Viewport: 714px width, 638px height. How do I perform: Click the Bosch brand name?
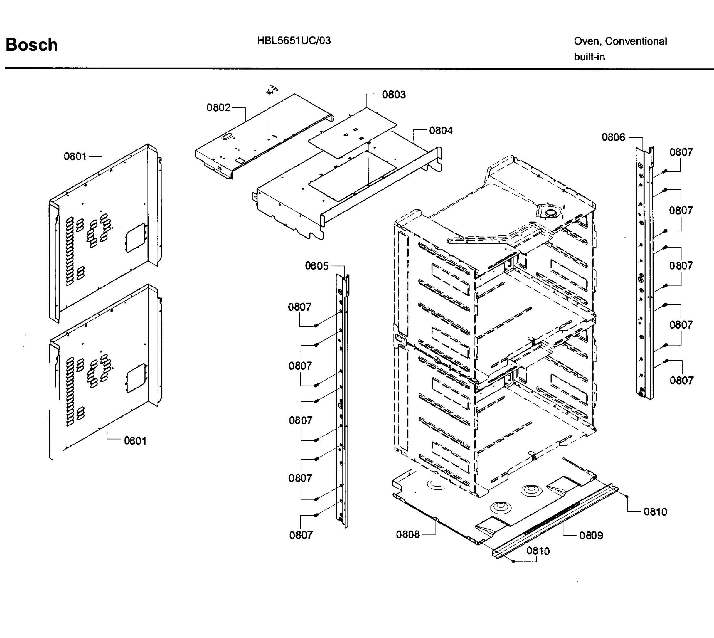[31, 45]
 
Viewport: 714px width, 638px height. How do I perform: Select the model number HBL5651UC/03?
[294, 41]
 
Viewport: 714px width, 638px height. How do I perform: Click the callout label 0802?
[218, 108]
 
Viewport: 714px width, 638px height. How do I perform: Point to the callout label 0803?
[394, 95]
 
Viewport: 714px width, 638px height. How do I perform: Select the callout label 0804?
[441, 131]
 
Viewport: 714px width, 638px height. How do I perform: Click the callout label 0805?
[317, 266]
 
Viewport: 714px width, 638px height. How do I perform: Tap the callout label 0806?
[613, 137]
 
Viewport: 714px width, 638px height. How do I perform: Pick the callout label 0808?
[408, 535]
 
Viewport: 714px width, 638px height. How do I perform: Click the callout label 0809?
[591, 535]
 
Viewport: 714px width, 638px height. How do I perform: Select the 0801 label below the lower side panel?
[135, 441]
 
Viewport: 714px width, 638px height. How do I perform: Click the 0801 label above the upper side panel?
[75, 156]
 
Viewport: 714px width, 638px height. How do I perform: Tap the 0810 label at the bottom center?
[538, 551]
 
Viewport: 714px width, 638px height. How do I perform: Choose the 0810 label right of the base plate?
[655, 512]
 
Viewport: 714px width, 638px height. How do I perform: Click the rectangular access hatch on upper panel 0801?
[135, 237]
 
